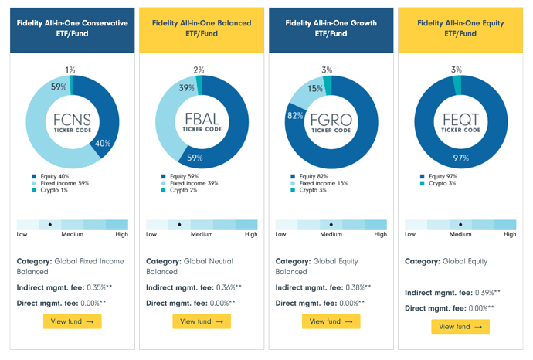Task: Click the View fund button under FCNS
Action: (72, 321)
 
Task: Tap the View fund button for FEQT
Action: (460, 326)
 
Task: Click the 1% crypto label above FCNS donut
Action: (70, 70)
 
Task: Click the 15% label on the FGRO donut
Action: (315, 89)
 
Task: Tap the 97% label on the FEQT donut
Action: (460, 158)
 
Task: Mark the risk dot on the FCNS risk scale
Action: (50, 224)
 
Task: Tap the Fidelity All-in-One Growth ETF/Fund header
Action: (331, 29)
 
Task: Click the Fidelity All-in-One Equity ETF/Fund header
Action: (460, 29)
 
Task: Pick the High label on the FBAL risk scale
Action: (251, 234)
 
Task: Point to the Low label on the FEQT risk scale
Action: (412, 234)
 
